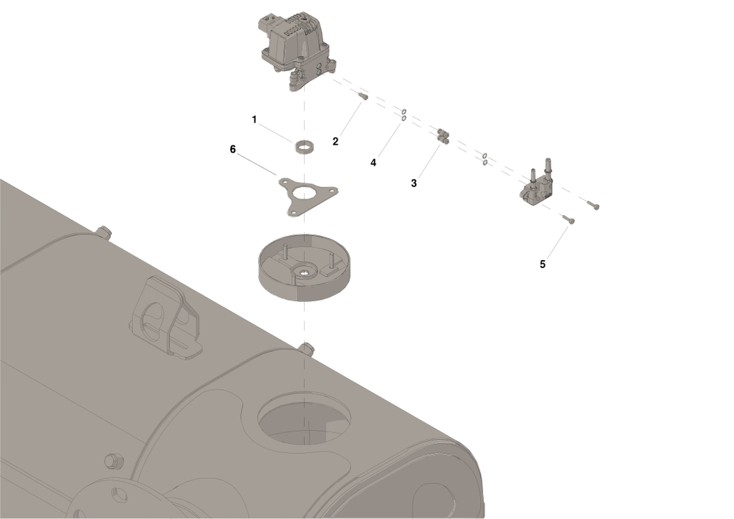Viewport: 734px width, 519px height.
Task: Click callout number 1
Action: tap(254, 119)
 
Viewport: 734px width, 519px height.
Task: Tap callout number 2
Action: tap(335, 141)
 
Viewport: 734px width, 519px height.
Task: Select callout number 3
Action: tap(414, 184)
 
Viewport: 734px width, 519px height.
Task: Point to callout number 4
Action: tap(373, 163)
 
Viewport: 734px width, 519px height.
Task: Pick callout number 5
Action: tap(543, 264)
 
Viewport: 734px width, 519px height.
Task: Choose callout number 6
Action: tap(232, 149)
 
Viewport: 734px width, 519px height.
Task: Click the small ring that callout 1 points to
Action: tap(305, 146)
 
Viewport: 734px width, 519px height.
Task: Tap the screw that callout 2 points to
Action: tap(363, 96)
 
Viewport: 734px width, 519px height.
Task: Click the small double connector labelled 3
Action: tap(442, 135)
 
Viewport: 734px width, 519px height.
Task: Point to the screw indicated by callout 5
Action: tap(568, 222)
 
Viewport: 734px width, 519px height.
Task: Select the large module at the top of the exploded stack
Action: tap(295, 50)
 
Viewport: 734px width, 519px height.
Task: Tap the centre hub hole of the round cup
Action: tap(305, 271)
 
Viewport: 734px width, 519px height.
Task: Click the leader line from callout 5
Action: tap(556, 242)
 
